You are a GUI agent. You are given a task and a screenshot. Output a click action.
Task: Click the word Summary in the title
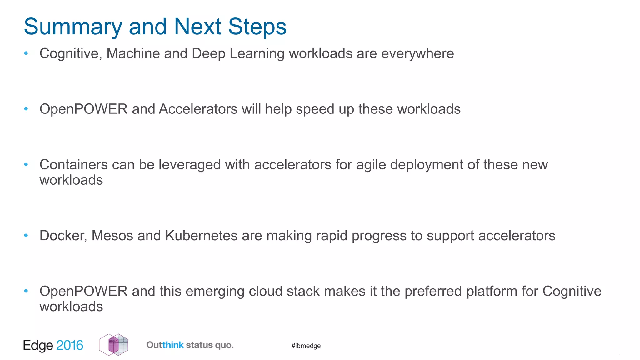coord(73,27)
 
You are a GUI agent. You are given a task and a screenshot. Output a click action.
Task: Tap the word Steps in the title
coord(257,27)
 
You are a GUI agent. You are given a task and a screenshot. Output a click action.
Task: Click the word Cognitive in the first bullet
coord(71,54)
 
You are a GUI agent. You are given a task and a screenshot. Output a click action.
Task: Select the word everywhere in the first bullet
coord(417,54)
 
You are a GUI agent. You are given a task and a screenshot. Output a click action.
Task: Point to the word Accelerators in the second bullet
coord(198,109)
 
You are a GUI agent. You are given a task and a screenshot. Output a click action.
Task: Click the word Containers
coord(73,165)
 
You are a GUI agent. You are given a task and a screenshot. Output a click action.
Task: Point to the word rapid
coord(332,236)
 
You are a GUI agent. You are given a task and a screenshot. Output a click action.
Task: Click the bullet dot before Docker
coord(26,236)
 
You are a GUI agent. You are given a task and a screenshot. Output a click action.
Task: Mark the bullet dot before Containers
coord(26,164)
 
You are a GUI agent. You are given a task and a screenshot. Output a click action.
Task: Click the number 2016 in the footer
coord(70,345)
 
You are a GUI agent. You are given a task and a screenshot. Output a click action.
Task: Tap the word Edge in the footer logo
coord(38,346)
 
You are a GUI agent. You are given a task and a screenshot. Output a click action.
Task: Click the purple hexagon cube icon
coord(113,345)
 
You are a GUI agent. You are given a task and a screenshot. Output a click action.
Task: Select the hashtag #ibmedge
coord(306,346)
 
